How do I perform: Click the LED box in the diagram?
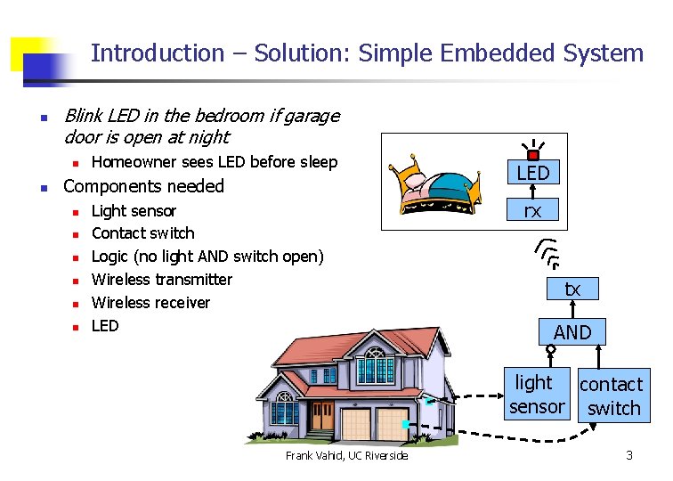coord(533,173)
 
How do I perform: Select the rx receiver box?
coord(532,210)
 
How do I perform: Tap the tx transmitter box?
coord(572,289)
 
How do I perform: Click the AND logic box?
coord(572,332)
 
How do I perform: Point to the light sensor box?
coord(537,395)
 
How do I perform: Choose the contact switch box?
coord(612,396)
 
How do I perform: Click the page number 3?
coord(629,455)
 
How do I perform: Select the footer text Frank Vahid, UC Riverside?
coord(346,456)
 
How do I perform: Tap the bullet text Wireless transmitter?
coord(161,280)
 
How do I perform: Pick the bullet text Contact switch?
coord(142,233)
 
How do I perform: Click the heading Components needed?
coord(143,186)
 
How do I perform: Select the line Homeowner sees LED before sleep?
coord(215,162)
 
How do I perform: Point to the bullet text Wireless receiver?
coord(150,303)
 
